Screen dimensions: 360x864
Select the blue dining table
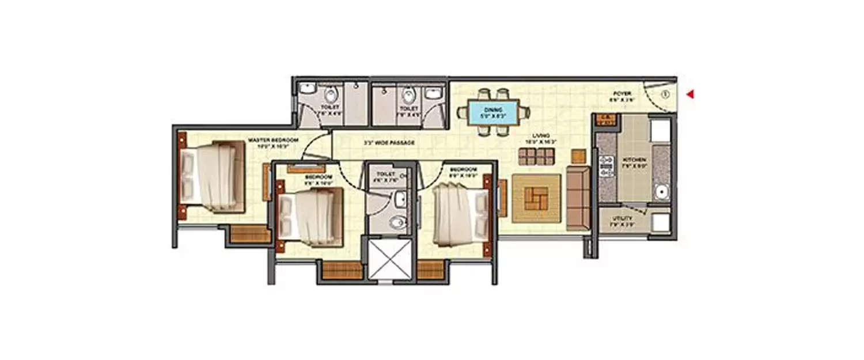[492, 112]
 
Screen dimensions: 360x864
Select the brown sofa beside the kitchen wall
[578, 198]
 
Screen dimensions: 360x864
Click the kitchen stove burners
[606, 166]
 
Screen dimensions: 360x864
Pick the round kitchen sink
[661, 191]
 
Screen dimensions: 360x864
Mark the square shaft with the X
[390, 259]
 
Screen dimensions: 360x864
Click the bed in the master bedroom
[210, 175]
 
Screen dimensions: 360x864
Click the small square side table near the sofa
[578, 156]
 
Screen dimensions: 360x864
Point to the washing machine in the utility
[660, 222]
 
